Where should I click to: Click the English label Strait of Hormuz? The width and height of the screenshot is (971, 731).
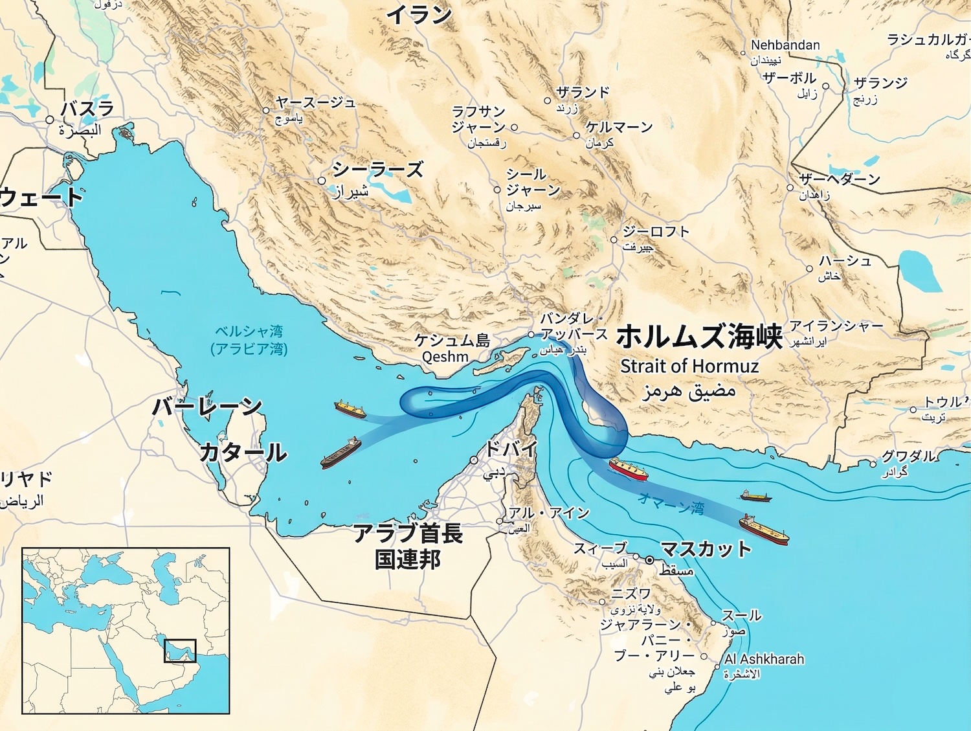pyautogui.click(x=689, y=366)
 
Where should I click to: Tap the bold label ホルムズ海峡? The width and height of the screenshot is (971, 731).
pyautogui.click(x=699, y=337)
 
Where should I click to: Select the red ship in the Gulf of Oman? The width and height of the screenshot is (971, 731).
pyautogui.click(x=628, y=468)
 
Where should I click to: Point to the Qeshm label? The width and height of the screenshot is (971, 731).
pyautogui.click(x=445, y=357)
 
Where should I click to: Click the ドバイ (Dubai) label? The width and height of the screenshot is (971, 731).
pyautogui.click(x=511, y=449)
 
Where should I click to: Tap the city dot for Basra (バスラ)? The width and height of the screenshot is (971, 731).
pyautogui.click(x=50, y=120)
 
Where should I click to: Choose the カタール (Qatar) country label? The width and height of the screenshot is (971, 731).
pyautogui.click(x=243, y=452)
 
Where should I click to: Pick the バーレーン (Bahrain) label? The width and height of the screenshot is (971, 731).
pyautogui.click(x=206, y=407)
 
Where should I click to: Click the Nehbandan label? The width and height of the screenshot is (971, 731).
pyautogui.click(x=785, y=45)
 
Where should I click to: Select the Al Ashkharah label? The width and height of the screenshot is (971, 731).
pyautogui.click(x=764, y=659)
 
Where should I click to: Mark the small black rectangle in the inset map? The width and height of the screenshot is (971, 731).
pyautogui.click(x=179, y=651)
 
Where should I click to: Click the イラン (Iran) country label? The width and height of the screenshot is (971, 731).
pyautogui.click(x=419, y=14)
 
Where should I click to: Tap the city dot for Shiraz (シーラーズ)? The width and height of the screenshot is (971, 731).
pyautogui.click(x=322, y=181)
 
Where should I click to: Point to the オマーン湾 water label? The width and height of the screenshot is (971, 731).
pyautogui.click(x=671, y=503)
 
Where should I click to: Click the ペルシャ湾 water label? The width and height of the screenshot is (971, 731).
pyautogui.click(x=249, y=332)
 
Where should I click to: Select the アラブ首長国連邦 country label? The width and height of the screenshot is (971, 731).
pyautogui.click(x=408, y=546)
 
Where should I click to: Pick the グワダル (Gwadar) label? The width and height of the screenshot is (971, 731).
pyautogui.click(x=908, y=456)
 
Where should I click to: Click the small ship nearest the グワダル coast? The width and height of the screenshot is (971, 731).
pyautogui.click(x=756, y=496)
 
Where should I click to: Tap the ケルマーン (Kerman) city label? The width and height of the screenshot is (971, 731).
pyautogui.click(x=619, y=127)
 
